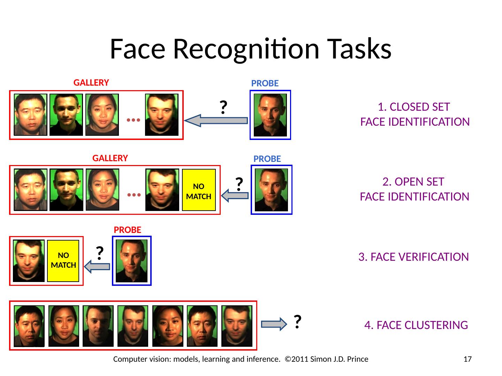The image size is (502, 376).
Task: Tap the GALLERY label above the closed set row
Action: point(91,83)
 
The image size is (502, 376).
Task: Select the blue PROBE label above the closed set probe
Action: point(265,83)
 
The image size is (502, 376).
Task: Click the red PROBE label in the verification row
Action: point(128,230)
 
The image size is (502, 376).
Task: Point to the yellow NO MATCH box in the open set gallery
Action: point(199,190)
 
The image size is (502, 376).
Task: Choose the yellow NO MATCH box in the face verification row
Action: point(63,260)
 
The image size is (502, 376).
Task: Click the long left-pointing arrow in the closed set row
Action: point(216,120)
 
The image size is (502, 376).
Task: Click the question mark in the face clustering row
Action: point(297,322)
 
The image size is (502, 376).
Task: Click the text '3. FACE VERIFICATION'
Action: point(413,257)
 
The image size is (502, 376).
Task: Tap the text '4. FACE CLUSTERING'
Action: point(416,325)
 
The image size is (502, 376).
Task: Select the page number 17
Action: point(467,359)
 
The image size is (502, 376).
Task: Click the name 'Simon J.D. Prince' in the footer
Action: point(339,359)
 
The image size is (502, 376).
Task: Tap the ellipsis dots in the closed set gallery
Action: point(134,120)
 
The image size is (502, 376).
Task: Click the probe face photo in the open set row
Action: point(271,190)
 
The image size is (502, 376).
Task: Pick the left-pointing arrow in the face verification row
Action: point(98,267)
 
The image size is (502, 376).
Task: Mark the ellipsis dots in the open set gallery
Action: point(134,195)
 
